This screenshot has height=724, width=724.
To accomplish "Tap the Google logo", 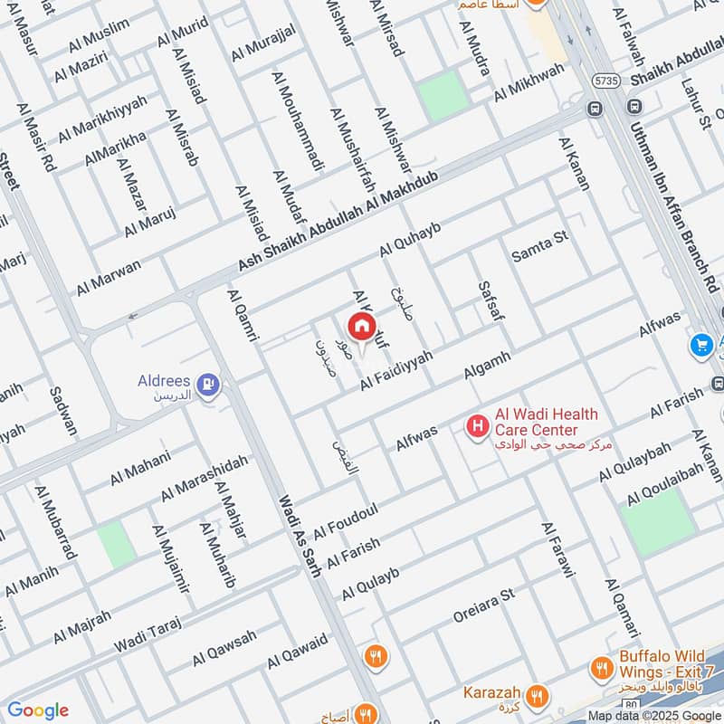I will [x=37, y=710].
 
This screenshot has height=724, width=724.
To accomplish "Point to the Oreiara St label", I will [x=483, y=609].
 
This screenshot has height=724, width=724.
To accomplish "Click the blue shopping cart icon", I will [x=700, y=345].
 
